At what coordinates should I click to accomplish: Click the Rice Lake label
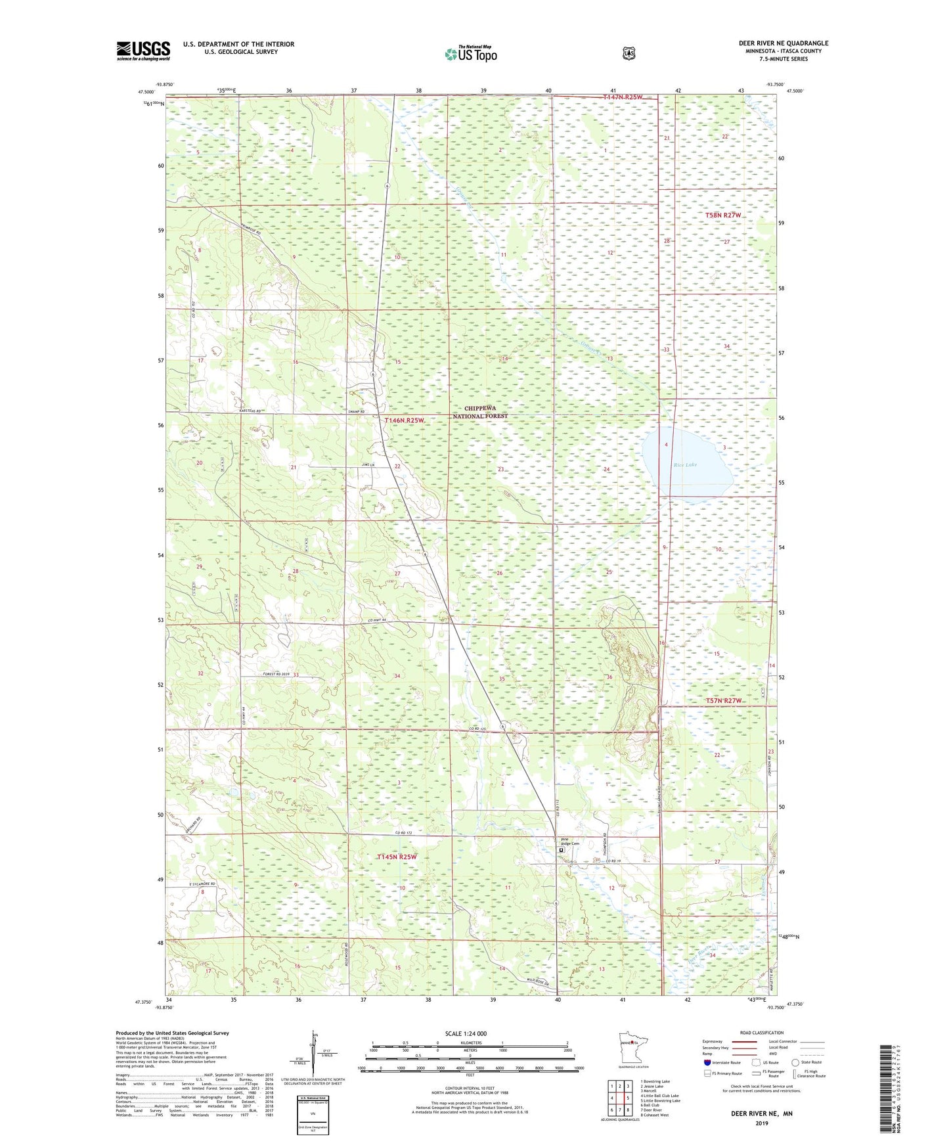coord(685,465)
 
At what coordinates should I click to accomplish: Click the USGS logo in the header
coord(143,51)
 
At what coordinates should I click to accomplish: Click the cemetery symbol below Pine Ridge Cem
coord(561,849)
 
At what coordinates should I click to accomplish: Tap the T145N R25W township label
coord(397,857)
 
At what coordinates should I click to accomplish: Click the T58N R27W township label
coord(722,215)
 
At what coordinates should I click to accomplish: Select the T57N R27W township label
coord(723,700)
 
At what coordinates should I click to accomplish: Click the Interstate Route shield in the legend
coord(707,1062)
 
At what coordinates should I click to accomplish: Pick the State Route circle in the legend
coord(795,1062)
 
